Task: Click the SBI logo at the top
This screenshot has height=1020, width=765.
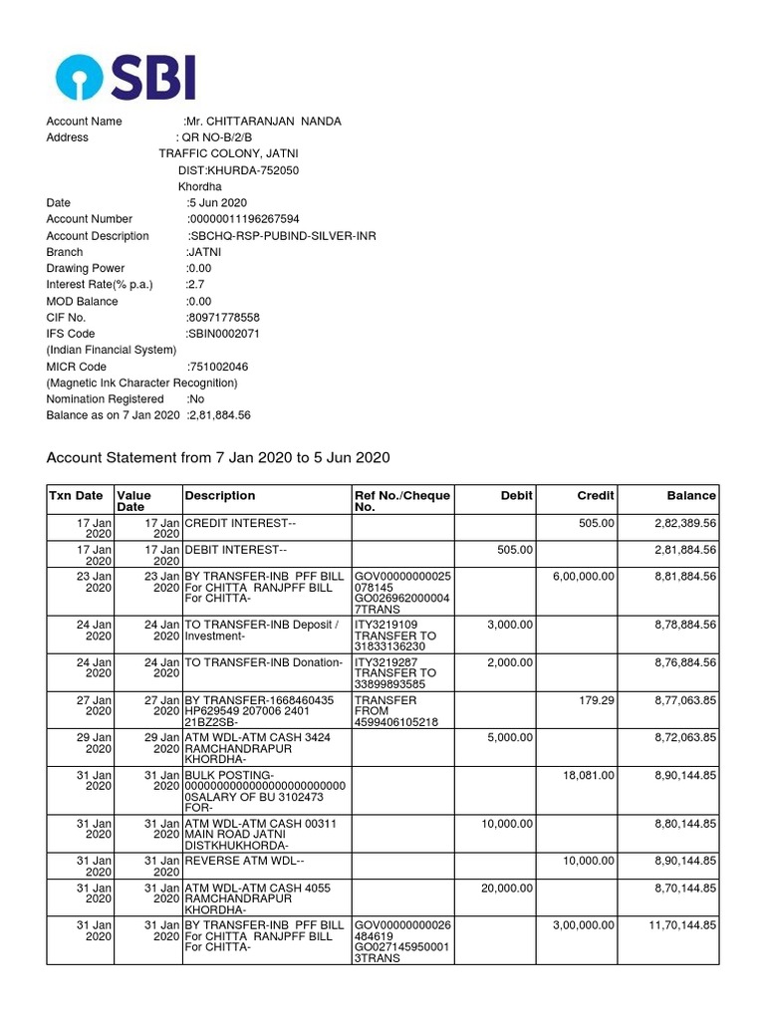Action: point(126,78)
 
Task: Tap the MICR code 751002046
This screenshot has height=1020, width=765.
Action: point(218,367)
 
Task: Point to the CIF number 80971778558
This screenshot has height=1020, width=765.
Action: point(216,318)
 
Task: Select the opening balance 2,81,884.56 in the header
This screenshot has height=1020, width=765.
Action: point(219,415)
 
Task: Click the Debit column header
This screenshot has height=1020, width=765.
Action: point(517,495)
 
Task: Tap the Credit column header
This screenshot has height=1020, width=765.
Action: point(596,495)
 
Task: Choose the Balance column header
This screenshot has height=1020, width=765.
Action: point(691,495)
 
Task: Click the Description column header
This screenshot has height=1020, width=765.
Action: point(220,495)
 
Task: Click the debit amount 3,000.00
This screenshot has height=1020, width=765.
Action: point(511,625)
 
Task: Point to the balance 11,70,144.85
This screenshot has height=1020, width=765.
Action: point(682,925)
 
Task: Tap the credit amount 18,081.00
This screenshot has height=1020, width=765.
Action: point(590,776)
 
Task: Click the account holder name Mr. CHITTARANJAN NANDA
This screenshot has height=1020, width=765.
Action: point(264,122)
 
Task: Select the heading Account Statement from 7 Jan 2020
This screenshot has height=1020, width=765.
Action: point(218,457)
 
